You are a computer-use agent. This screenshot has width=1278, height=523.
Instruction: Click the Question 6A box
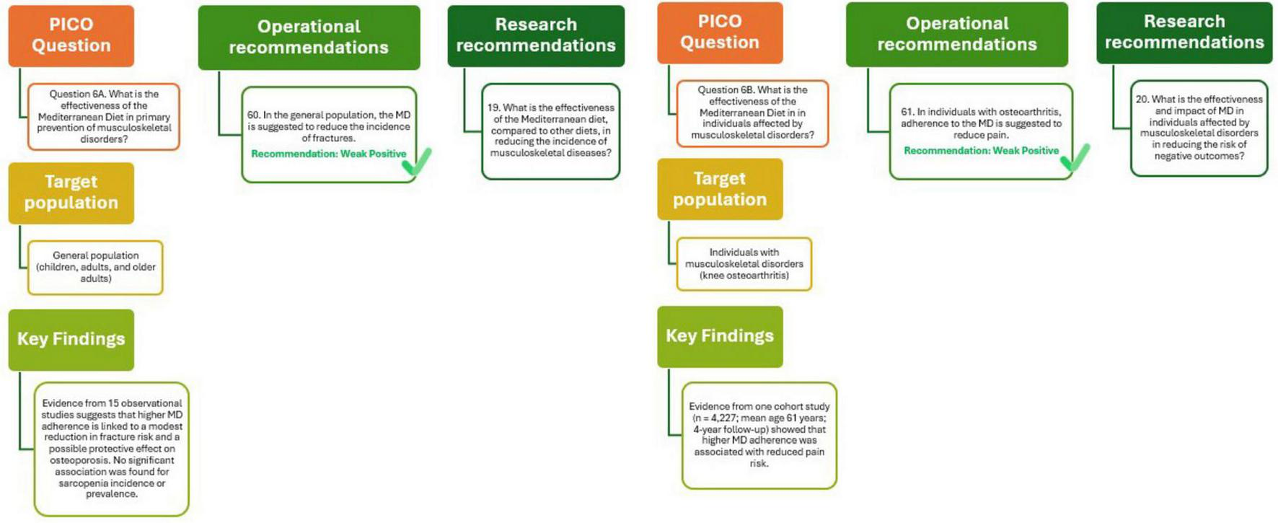[x=104, y=116]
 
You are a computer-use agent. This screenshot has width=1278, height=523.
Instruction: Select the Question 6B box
[x=752, y=113]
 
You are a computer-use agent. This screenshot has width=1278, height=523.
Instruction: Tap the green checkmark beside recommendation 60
[x=418, y=162]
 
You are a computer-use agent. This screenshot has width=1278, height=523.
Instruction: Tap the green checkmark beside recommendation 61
[x=1075, y=158]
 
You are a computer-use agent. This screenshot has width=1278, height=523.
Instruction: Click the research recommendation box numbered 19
[x=550, y=131]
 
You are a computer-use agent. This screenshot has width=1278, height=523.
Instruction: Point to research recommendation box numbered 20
[x=1199, y=128]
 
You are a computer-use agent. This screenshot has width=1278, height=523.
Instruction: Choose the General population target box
[x=95, y=267]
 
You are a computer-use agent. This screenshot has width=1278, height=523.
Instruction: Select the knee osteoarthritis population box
[x=744, y=264]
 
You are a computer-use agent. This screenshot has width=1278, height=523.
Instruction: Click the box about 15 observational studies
[x=111, y=449]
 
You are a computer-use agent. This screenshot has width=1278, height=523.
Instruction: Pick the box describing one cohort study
[x=759, y=435]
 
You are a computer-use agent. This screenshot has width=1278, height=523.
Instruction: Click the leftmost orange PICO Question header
[x=71, y=35]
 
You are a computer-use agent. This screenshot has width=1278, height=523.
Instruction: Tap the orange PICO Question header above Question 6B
[x=719, y=32]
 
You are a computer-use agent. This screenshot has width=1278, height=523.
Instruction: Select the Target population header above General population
[x=71, y=193]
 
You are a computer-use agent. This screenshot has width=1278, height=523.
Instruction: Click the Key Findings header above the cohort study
[x=719, y=336]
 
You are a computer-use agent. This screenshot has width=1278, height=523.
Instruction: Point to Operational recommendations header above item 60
[x=309, y=38]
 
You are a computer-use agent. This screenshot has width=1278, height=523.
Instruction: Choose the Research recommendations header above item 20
[x=1184, y=32]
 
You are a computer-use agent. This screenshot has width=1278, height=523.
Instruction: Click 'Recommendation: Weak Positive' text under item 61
[x=981, y=151]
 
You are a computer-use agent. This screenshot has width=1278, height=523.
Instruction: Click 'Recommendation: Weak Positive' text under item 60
[x=328, y=154]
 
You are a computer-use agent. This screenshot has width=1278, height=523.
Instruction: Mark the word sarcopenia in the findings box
[x=81, y=483]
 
